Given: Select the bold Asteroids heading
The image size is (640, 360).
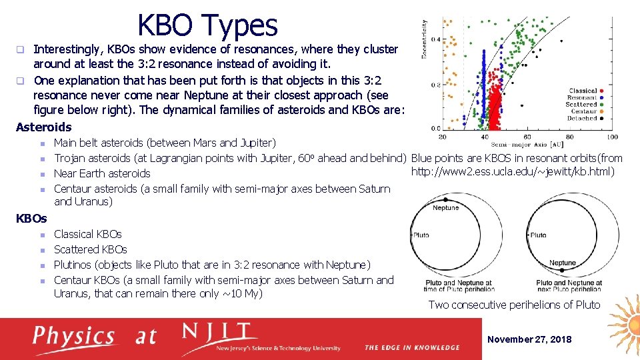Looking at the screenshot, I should pos(43,127).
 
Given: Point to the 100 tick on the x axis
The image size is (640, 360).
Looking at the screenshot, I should pos(612,137).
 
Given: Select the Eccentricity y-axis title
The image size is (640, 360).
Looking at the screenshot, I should pos(425,39).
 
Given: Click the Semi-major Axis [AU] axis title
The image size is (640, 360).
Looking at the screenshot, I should pos(527,144).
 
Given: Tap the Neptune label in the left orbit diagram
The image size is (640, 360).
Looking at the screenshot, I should pos(445,208).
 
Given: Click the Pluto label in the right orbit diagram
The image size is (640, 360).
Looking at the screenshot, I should pos(538,235).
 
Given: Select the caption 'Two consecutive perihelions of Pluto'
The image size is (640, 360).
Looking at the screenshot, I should pos(514,305).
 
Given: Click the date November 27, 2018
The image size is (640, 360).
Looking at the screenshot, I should pos(529,339).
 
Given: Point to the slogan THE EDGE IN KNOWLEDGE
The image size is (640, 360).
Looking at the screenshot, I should pos(412,347).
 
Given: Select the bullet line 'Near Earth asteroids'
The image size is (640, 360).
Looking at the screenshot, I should pos(102,173).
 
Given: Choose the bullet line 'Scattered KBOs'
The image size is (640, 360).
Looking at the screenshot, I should pos(90,249).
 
